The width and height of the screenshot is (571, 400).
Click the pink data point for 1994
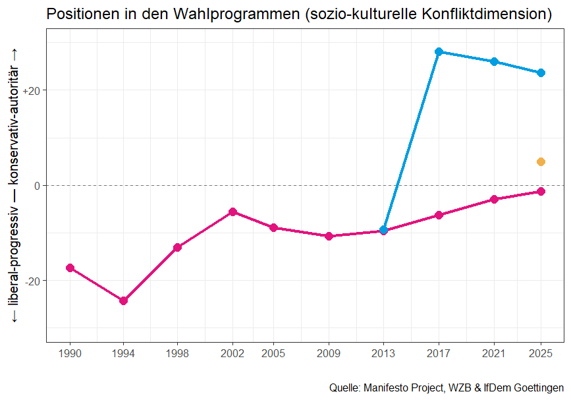(x=123, y=300)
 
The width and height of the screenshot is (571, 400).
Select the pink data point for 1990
(x=70, y=268)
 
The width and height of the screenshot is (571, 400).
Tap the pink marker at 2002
(x=232, y=212)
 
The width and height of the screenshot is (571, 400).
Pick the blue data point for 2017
(x=439, y=51)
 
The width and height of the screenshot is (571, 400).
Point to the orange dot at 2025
(x=541, y=161)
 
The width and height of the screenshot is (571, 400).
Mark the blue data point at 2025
(x=541, y=72)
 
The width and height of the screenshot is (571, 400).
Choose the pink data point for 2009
(x=329, y=236)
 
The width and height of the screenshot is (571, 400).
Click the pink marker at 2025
(x=541, y=191)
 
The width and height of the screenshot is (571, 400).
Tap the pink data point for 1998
(x=177, y=247)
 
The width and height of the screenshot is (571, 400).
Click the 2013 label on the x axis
(x=384, y=354)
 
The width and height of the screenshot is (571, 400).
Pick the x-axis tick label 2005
(x=273, y=354)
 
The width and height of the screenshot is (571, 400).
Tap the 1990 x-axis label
(x=70, y=354)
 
